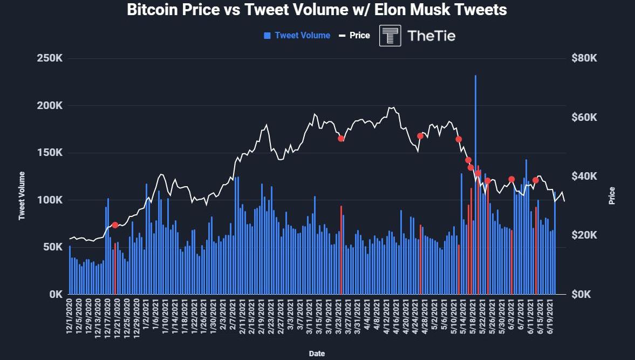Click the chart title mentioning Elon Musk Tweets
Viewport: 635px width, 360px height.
click(x=317, y=10)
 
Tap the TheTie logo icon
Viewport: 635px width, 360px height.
click(x=390, y=36)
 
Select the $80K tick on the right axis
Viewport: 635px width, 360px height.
click(x=584, y=58)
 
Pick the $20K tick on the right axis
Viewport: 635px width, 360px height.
click(x=584, y=235)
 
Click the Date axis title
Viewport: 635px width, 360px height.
click(x=317, y=354)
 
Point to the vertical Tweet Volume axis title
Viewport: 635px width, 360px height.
click(x=22, y=195)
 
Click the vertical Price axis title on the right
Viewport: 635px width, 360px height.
click(x=612, y=195)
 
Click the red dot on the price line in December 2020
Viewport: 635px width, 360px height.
click(x=115, y=225)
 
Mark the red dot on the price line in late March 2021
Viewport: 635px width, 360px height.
click(x=341, y=139)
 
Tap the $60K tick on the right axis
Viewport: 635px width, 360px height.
click(x=584, y=118)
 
